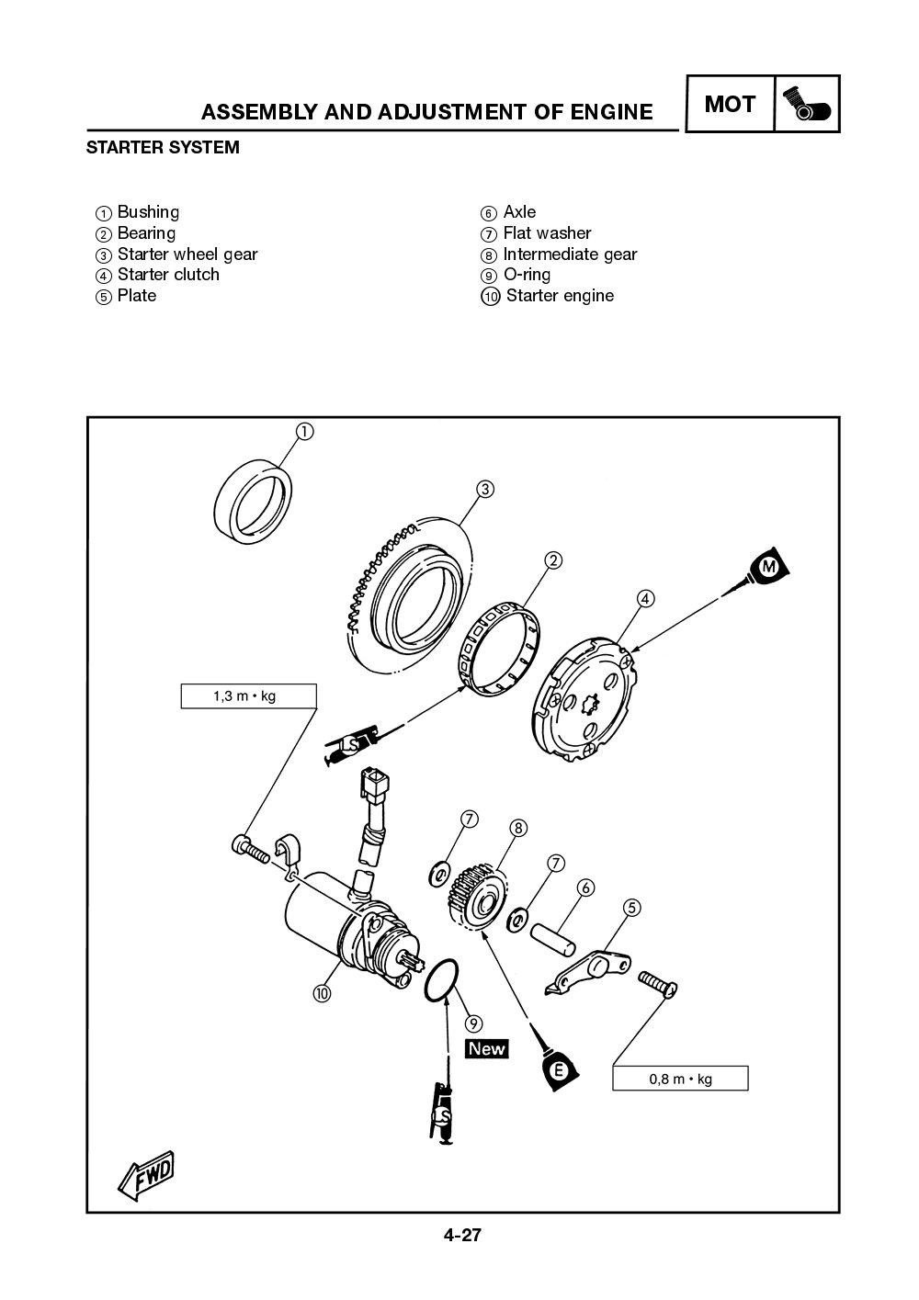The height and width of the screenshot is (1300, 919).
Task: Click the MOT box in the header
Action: tap(730, 105)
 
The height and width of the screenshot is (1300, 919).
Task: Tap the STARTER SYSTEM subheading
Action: tap(163, 147)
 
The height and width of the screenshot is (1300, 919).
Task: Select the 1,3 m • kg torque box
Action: tap(247, 696)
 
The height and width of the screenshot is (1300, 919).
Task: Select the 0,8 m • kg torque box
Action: tap(680, 1079)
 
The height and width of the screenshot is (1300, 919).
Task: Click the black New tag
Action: tap(487, 1048)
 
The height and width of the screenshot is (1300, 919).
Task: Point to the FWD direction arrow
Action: tap(144, 1174)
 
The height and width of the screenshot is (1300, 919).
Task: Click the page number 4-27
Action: tap(462, 1236)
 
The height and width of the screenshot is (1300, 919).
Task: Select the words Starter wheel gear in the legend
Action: tap(187, 254)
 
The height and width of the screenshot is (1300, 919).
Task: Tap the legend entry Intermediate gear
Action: tap(570, 254)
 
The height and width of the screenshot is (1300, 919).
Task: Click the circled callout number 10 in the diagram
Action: tap(321, 992)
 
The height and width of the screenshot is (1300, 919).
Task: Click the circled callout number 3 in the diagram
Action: tap(484, 488)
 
